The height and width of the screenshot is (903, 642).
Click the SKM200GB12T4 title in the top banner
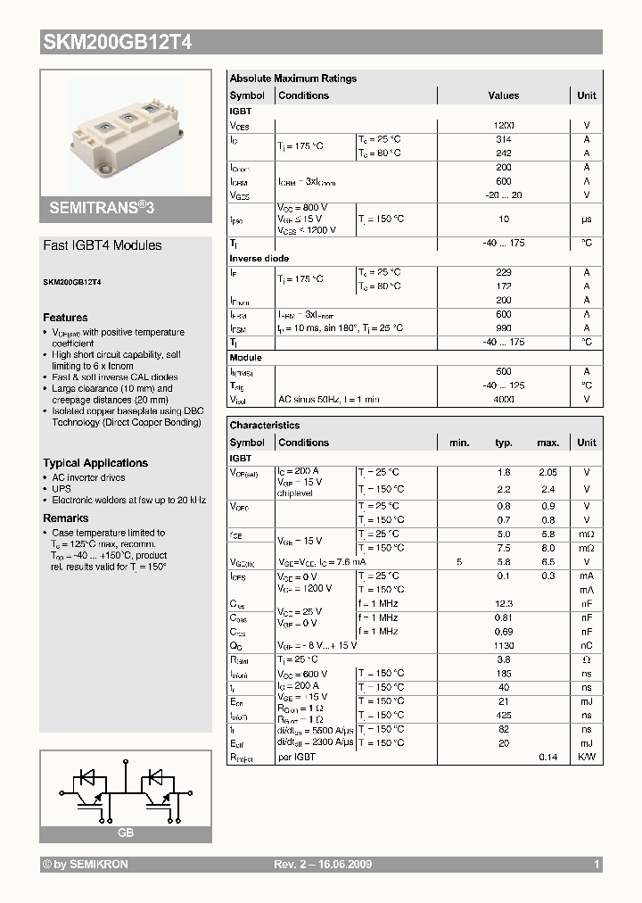pyautogui.click(x=116, y=42)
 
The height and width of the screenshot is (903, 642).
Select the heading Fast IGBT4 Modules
pyautogui.click(x=103, y=245)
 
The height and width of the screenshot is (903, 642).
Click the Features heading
pyautogui.click(x=65, y=318)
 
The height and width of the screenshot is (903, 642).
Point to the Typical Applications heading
pyautogui.click(x=95, y=463)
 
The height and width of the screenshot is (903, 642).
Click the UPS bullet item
pyautogui.click(x=61, y=489)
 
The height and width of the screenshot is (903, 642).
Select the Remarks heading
pyautogui.click(x=66, y=518)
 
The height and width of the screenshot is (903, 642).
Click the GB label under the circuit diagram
pyautogui.click(x=125, y=833)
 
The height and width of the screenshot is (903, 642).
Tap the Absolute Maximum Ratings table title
pyautogui.click(x=293, y=79)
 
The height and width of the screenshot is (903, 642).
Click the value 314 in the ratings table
pyautogui.click(x=504, y=139)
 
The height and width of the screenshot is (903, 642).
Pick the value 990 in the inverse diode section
pyautogui.click(x=504, y=328)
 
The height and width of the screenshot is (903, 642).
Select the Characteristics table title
pyautogui.click(x=265, y=426)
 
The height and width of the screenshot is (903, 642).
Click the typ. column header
pyautogui.click(x=504, y=443)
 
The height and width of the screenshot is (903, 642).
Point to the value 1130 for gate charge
pyautogui.click(x=504, y=645)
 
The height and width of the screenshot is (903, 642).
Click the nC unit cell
pyautogui.click(x=587, y=645)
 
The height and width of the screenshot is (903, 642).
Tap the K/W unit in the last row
pyautogui.click(x=587, y=757)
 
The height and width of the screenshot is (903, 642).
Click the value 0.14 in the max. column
pyautogui.click(x=547, y=757)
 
